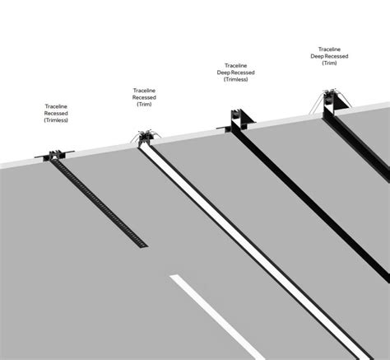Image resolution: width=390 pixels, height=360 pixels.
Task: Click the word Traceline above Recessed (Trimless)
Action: [56, 106]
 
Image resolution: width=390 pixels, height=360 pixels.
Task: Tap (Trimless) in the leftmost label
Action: [56, 120]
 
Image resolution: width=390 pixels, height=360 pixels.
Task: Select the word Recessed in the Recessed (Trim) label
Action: [144, 97]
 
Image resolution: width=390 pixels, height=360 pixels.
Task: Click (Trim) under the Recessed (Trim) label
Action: [144, 105]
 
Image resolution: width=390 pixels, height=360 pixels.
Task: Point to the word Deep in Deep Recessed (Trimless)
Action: [223, 72]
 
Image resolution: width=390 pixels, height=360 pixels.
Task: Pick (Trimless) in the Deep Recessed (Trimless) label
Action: [236, 79]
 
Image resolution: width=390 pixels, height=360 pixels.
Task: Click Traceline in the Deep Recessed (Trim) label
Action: [329, 49]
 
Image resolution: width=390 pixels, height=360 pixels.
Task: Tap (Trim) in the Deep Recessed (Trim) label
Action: [329, 63]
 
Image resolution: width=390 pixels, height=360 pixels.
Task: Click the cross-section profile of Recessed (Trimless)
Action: [55, 155]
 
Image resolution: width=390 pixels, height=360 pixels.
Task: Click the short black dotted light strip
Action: [99, 203]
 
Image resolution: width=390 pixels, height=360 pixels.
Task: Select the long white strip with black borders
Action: [253, 250]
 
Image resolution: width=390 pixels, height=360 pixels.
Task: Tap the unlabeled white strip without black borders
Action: [216, 316]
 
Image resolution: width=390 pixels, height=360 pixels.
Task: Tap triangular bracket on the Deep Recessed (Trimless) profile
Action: [248, 119]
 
